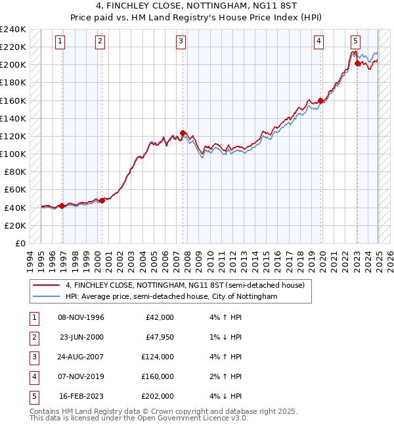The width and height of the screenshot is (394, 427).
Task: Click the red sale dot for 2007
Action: coord(183,133)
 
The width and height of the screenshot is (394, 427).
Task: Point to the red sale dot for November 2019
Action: coord(320,101)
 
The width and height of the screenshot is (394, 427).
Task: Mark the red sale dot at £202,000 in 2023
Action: coord(357,63)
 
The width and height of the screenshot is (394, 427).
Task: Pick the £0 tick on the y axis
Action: coord(20,243)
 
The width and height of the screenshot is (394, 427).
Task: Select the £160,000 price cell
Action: coord(158,376)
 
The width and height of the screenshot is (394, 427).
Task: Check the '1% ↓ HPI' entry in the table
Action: coord(224,337)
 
